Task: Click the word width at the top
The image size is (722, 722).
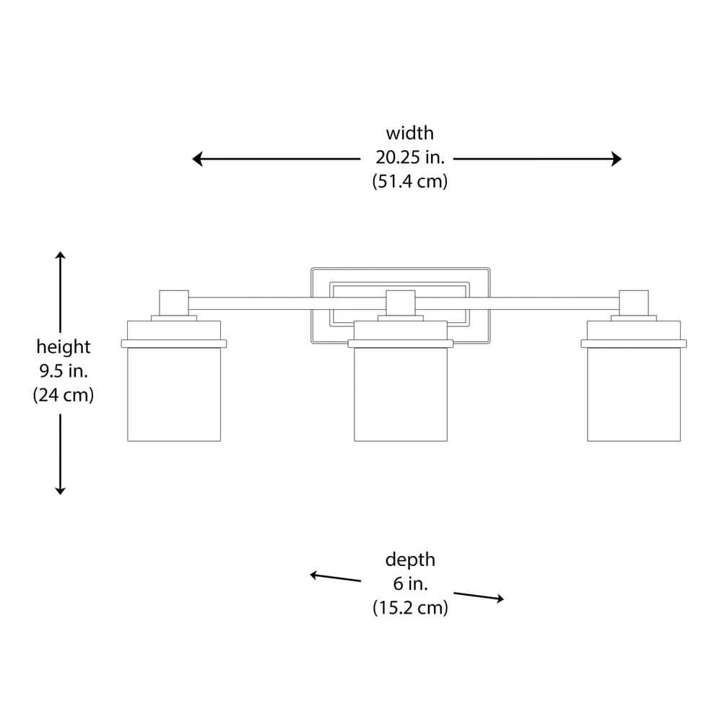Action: pos(409,134)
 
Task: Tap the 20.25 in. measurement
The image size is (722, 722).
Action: pos(409,157)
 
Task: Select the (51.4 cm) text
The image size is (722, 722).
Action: pos(409,181)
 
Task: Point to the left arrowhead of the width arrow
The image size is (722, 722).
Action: pos(197,159)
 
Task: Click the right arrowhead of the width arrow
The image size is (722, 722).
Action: pos(617,159)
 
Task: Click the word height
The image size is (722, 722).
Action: pos(64,347)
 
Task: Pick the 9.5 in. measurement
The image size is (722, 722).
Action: pos(64,371)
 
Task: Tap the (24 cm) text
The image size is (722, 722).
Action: pos(64,396)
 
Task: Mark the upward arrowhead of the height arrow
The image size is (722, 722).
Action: pos(61,256)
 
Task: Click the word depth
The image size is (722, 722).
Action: pos(410,560)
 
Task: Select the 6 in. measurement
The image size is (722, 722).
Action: pos(410,583)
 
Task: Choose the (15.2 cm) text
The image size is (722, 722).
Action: pos(410,608)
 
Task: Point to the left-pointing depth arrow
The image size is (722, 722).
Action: pos(335,577)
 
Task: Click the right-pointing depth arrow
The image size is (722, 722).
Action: pos(479,596)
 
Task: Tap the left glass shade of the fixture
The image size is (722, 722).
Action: pos(174,393)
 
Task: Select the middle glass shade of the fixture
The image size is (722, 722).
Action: pos(401,393)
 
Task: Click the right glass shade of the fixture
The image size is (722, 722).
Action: pos(634,393)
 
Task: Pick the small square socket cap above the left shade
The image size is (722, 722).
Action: pos(173,302)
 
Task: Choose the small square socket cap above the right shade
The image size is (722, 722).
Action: pos(634,302)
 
